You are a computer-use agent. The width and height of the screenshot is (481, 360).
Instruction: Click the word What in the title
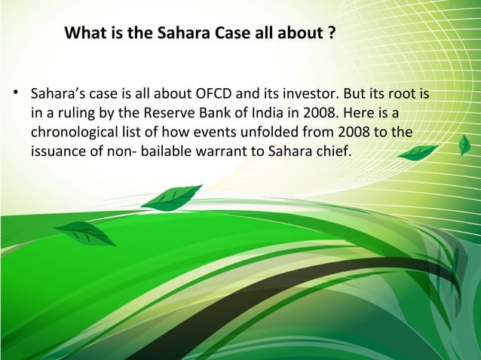coord(84,34)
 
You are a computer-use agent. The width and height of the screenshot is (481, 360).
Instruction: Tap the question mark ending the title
coord(332,34)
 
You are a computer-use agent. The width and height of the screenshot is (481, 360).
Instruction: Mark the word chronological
coord(72,133)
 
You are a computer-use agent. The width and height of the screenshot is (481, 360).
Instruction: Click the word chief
coord(333,151)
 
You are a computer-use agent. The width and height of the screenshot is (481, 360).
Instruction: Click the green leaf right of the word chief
coord(418,153)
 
